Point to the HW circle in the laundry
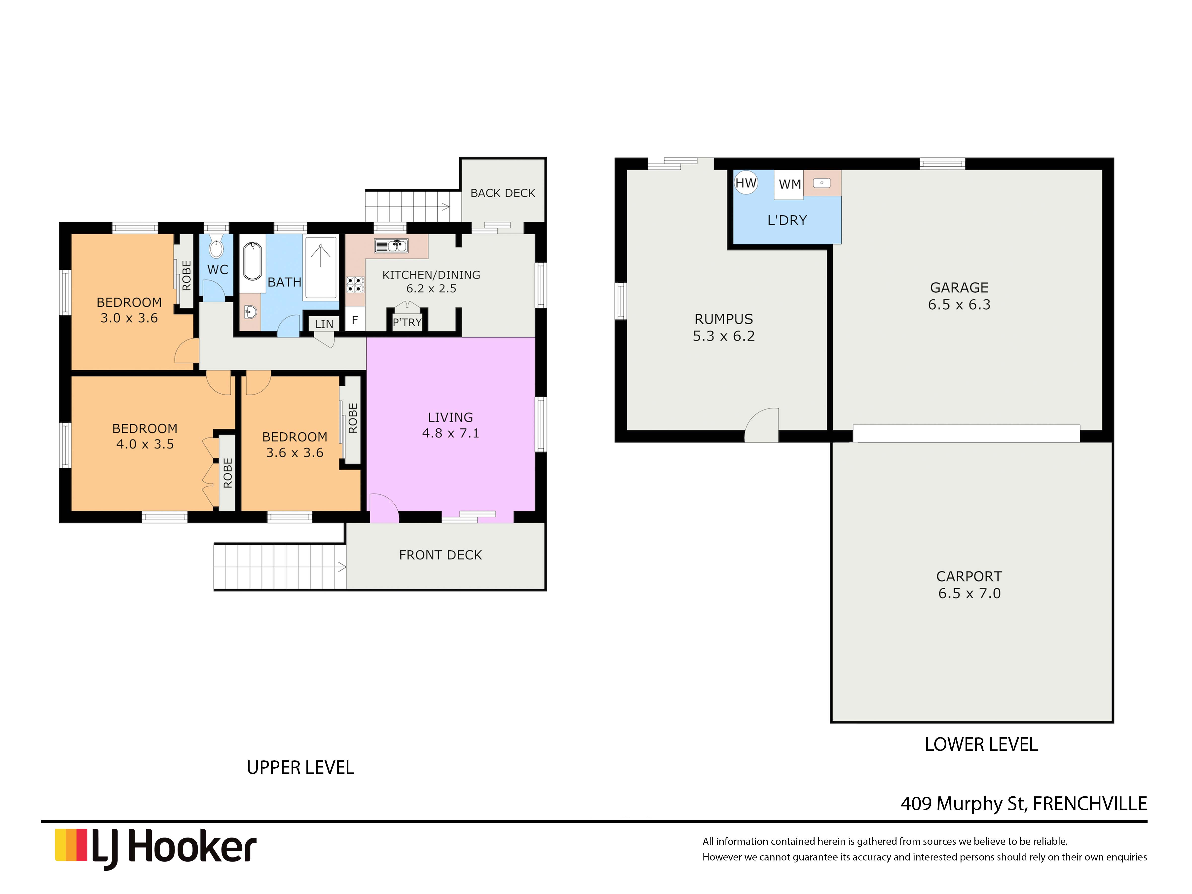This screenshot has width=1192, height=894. [746, 183]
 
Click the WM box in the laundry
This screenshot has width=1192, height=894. [789, 184]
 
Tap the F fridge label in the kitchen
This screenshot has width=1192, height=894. [355, 320]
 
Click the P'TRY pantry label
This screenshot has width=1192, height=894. [407, 322]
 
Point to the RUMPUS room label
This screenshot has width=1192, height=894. [723, 319]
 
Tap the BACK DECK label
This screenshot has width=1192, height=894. [502, 193]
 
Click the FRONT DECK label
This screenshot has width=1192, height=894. [440, 555]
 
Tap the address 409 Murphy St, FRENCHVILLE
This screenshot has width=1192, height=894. [1023, 803]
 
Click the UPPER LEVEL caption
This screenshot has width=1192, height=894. [300, 767]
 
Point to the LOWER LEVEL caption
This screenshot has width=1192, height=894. [981, 744]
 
